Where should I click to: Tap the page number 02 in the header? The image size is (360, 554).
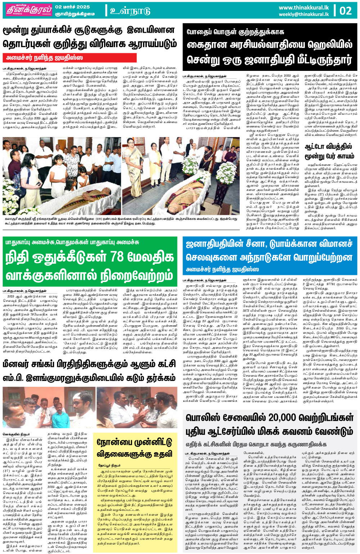click(x=346, y=10)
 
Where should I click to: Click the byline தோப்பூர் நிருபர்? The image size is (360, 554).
click(x=109, y=466)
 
